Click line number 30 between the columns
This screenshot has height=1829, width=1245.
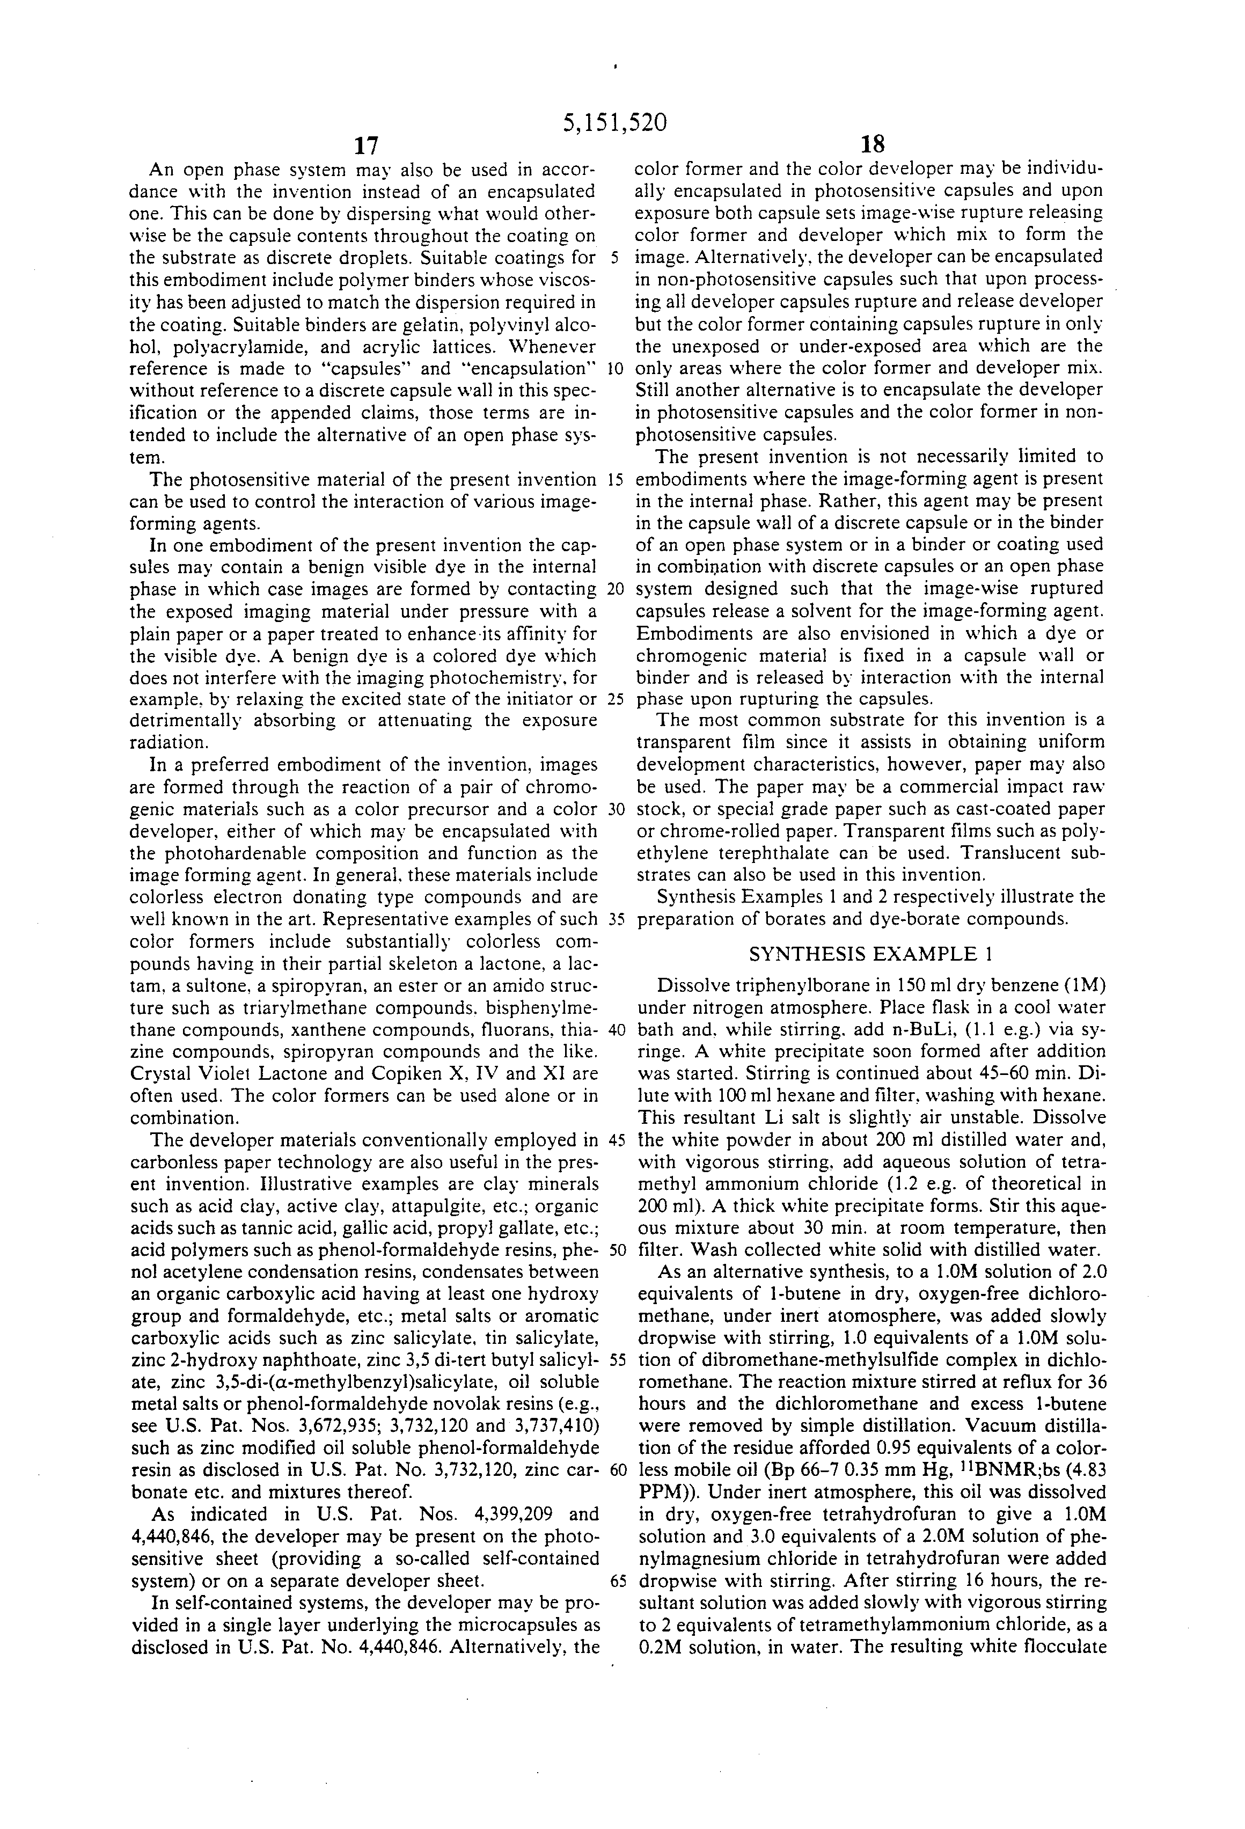click(x=616, y=809)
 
